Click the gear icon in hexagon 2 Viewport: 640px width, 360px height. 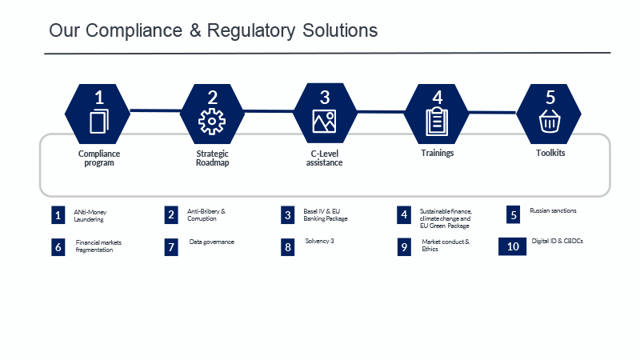[212, 122]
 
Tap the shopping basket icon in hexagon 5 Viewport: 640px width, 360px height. [550, 122]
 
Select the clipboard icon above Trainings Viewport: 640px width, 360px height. [437, 122]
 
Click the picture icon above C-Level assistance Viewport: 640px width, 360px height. [324, 122]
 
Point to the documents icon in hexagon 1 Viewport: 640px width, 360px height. [99, 122]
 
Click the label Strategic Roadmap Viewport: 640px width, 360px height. [212, 158]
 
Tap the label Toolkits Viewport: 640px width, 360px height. [550, 153]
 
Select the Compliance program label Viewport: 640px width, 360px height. [99, 158]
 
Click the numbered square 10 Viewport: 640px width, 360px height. [512, 246]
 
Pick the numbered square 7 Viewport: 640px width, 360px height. [171, 247]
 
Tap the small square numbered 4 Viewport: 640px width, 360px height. [404, 214]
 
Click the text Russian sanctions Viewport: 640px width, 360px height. [553, 210]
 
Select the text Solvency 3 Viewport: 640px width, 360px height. [319, 241]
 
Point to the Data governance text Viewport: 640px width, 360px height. [212, 242]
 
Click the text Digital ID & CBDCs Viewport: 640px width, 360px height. [557, 241]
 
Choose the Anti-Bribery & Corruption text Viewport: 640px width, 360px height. [206, 214]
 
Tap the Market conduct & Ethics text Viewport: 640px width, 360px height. [446, 245]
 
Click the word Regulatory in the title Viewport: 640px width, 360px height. [251, 30]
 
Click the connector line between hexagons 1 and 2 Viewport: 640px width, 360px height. [155, 110]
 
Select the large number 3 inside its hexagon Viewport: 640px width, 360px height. [325, 97]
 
